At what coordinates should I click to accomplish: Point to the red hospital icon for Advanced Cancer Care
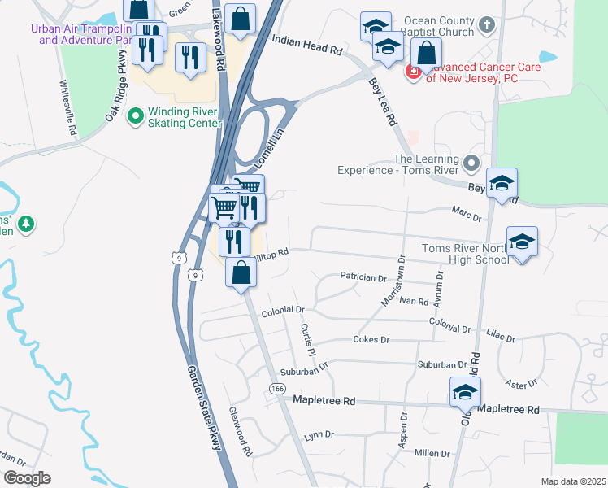pyautogui.click(x=413, y=72)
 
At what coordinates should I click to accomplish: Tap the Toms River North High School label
pyautogui.click(x=466, y=254)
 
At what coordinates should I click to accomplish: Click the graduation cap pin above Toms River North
pyautogui.click(x=522, y=241)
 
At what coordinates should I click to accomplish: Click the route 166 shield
pyautogui.click(x=276, y=390)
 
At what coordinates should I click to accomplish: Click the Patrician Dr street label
pyautogui.click(x=363, y=277)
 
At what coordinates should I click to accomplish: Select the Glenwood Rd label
pyautogui.click(x=241, y=432)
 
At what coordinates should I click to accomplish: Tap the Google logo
pyautogui.click(x=26, y=478)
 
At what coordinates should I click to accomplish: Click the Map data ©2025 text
pyautogui.click(x=573, y=482)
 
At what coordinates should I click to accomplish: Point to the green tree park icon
pyautogui.click(x=26, y=223)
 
